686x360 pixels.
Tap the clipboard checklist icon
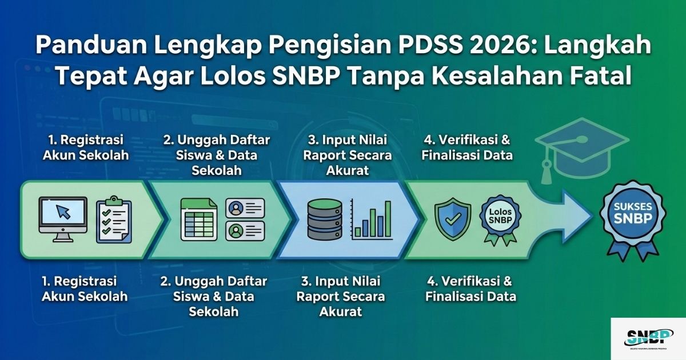click(114, 218)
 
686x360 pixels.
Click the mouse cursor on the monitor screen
click(63, 212)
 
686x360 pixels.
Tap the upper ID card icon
click(245, 208)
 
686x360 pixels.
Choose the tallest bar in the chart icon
click(388, 218)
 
